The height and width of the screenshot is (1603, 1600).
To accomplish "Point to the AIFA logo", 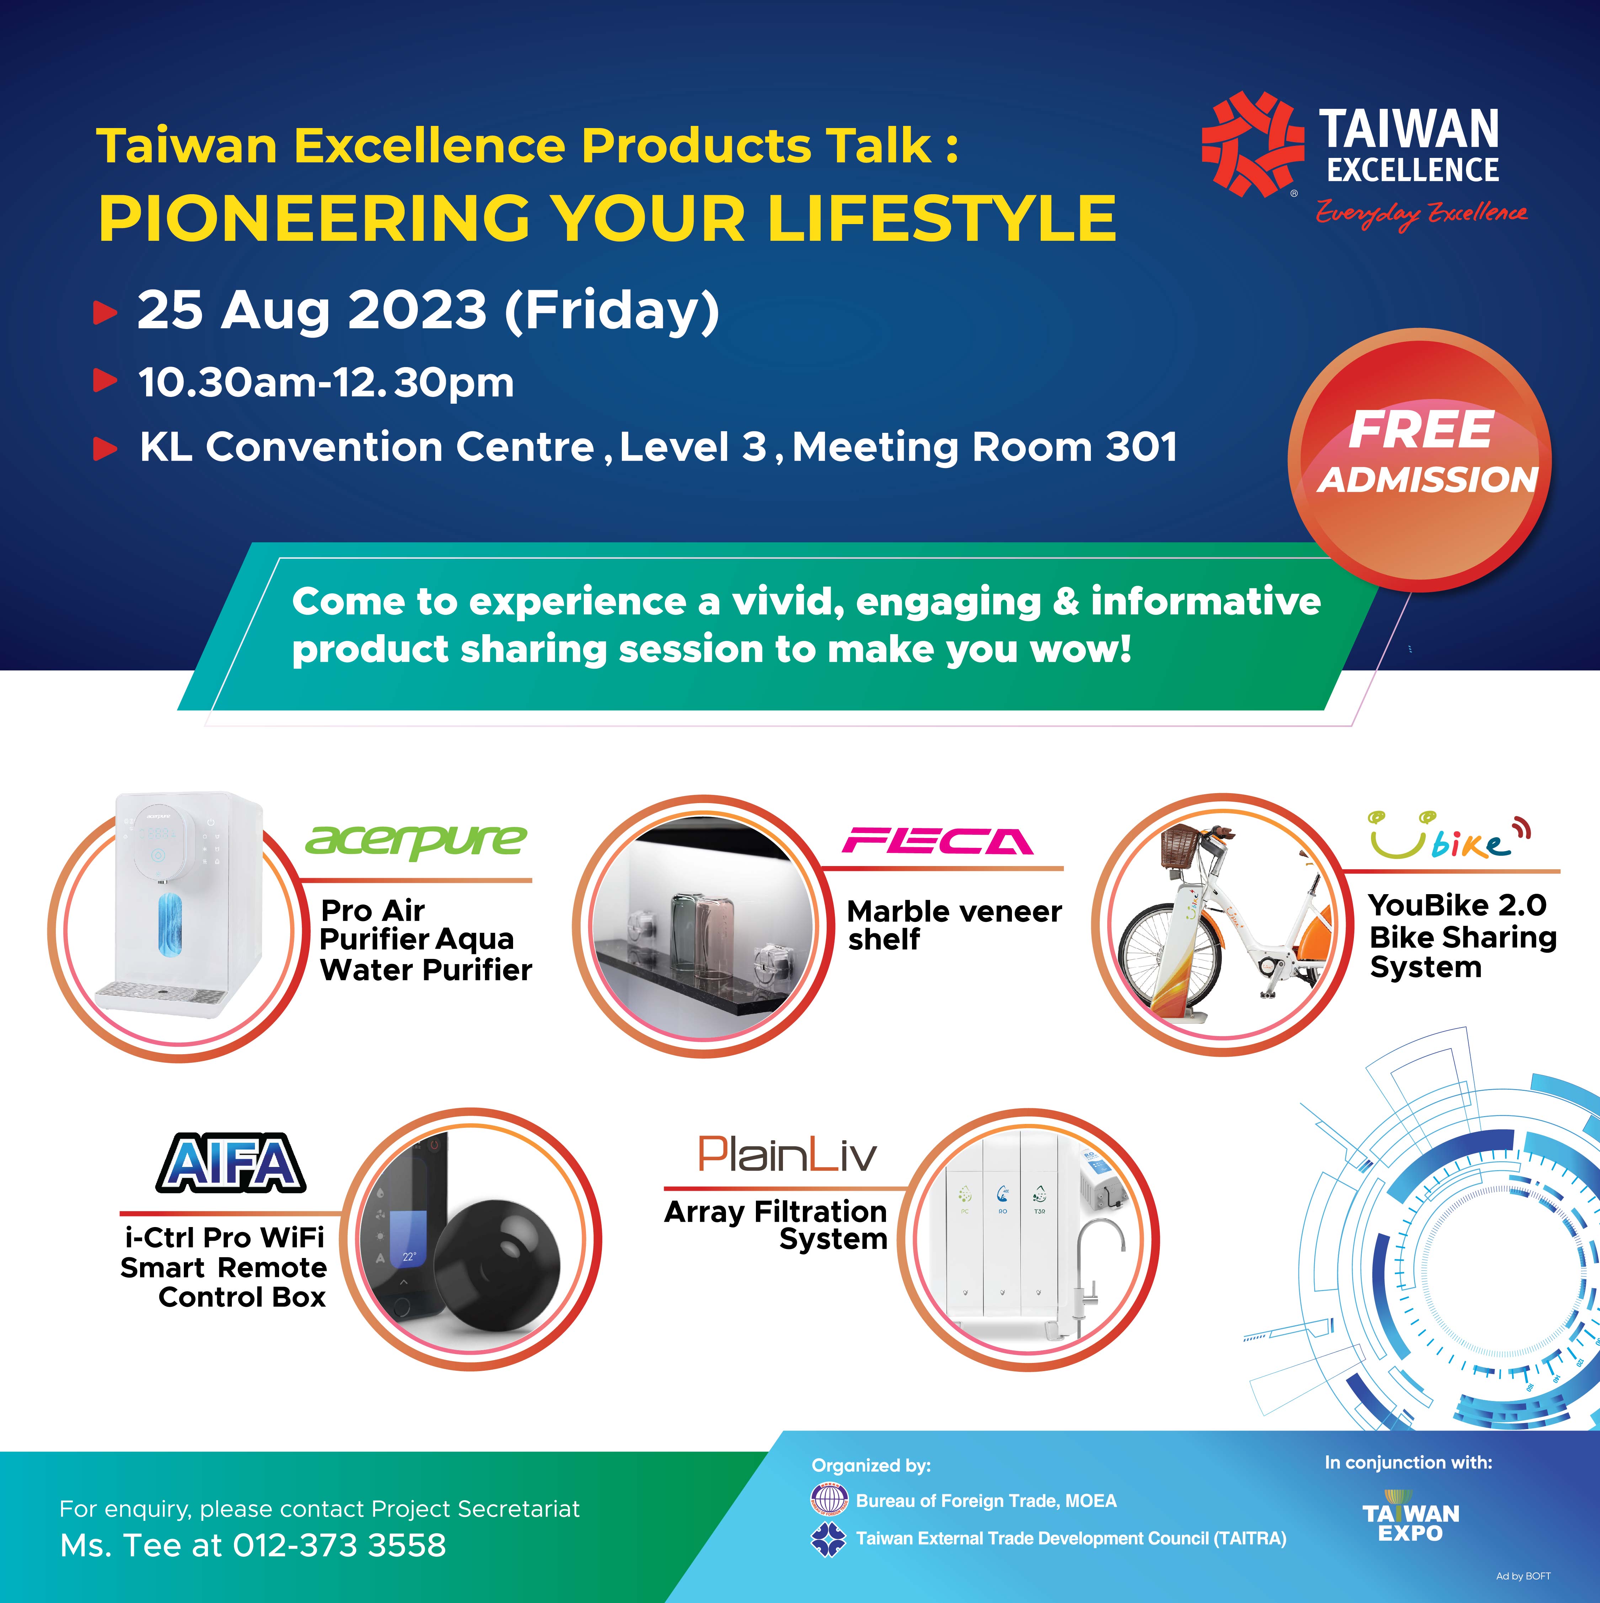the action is click(x=231, y=1162).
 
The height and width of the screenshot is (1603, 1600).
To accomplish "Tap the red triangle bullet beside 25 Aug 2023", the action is click(x=105, y=313).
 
